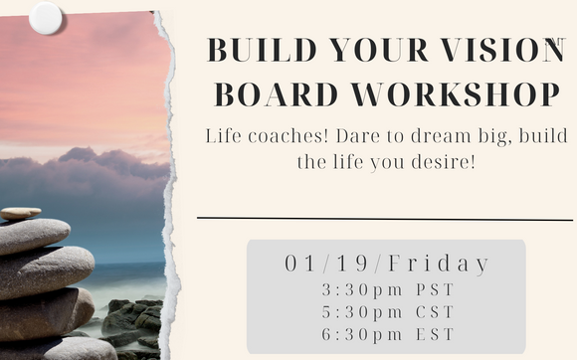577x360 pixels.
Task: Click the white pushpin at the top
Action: (46, 16)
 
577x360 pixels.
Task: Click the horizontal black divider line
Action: (385, 218)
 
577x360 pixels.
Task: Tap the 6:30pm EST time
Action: (386, 335)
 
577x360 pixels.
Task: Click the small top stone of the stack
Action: (21, 213)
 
